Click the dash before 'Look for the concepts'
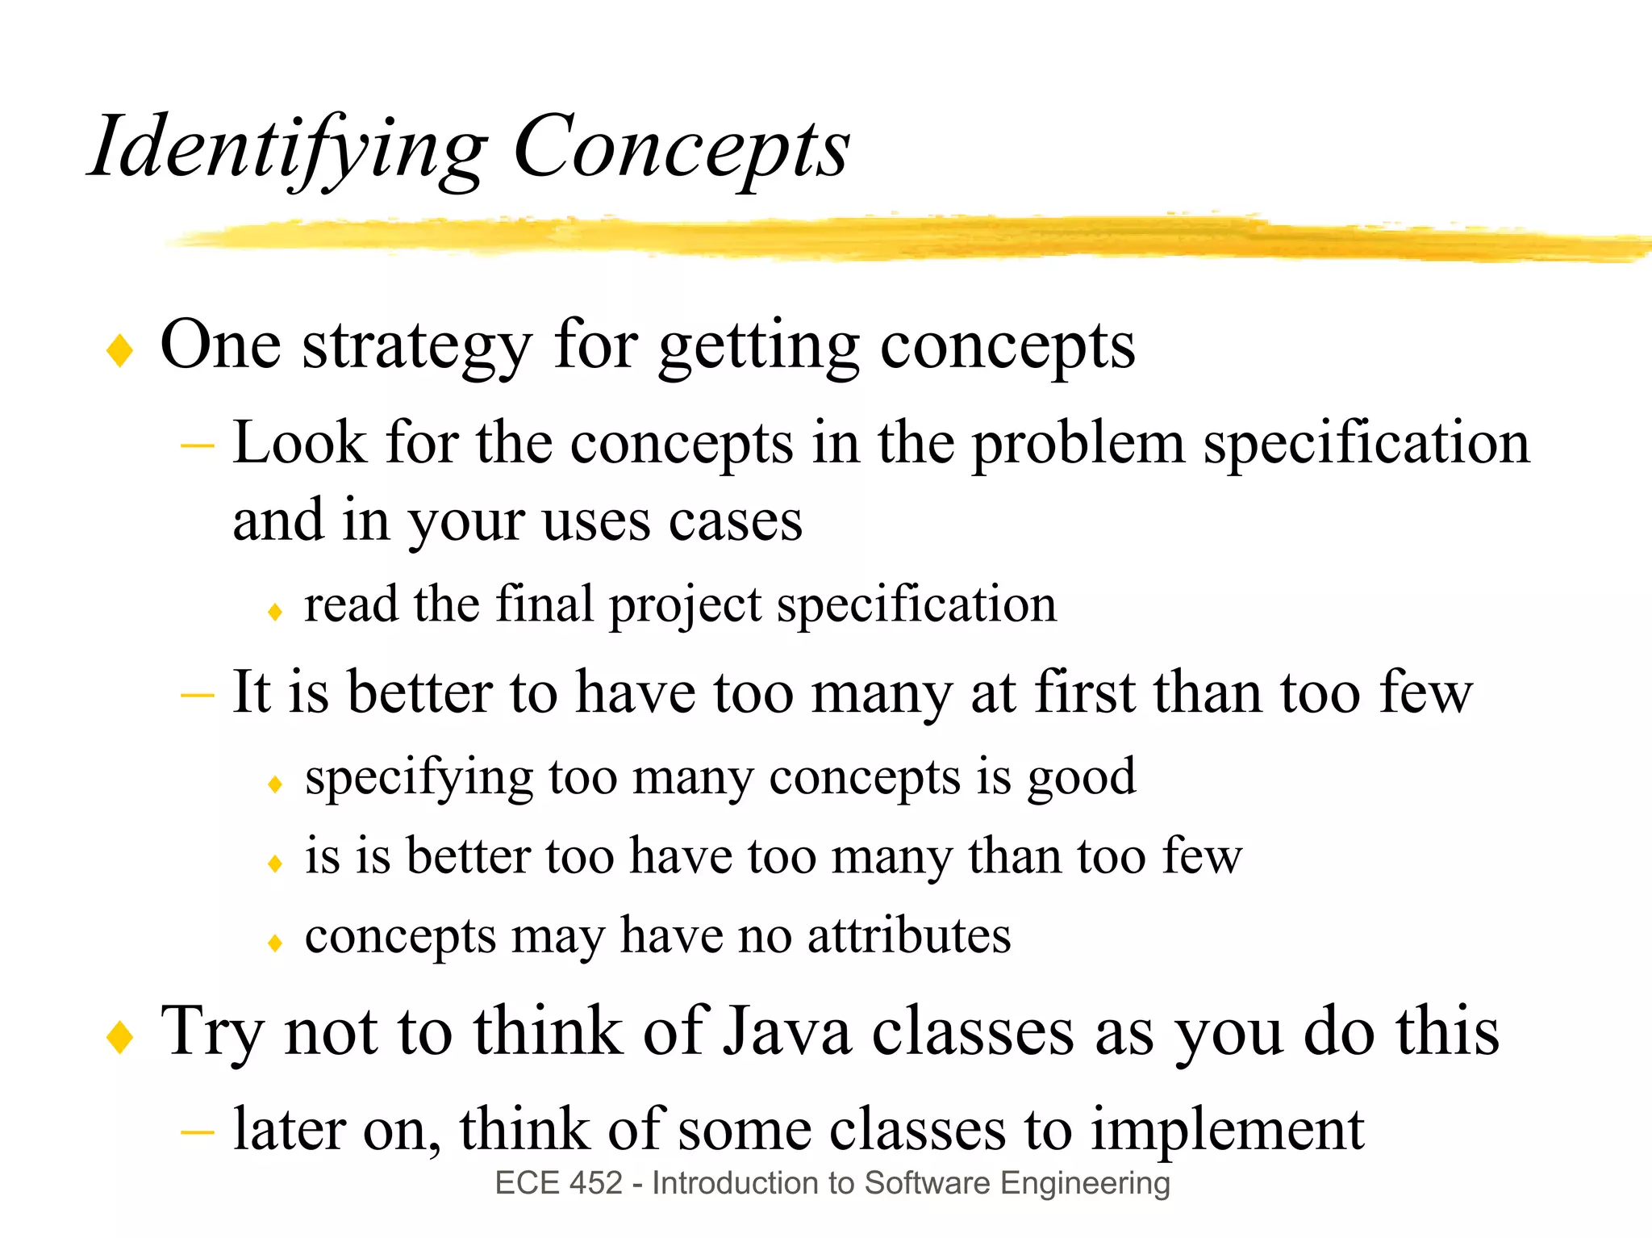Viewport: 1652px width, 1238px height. pos(197,445)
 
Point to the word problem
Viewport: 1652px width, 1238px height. pos(1078,445)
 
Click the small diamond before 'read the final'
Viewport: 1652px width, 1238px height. pos(275,612)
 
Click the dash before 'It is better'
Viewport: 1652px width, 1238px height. pos(197,694)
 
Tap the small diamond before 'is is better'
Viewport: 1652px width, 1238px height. pos(275,864)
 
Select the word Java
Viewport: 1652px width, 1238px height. pos(786,1032)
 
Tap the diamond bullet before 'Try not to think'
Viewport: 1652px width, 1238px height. pos(119,1036)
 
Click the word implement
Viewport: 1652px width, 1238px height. pos(1227,1130)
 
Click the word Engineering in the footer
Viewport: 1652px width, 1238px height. pos(1085,1183)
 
